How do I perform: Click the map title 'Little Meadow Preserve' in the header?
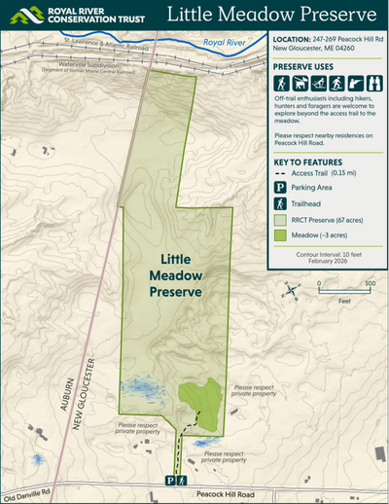pos(272,15)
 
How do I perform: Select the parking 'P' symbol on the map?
pos(169,481)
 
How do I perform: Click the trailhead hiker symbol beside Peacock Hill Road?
pos(182,481)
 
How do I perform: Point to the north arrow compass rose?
pos(288,289)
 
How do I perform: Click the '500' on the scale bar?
pos(370,284)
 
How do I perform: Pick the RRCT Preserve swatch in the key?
pos(282,220)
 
